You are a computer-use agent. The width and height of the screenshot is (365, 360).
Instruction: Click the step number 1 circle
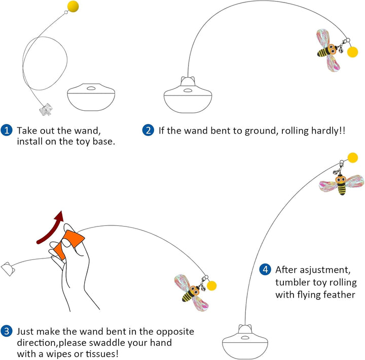[7, 130]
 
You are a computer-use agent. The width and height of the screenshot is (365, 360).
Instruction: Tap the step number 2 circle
[148, 130]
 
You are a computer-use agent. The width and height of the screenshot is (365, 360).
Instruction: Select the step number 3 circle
[7, 332]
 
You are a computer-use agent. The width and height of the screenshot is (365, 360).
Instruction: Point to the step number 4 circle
[265, 270]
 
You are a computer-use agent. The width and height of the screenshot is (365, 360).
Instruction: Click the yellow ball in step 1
[73, 7]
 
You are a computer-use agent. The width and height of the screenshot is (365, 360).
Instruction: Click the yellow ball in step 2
[353, 51]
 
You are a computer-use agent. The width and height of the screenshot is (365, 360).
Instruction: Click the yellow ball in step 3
[212, 285]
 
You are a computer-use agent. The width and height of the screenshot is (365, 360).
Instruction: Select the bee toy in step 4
[341, 184]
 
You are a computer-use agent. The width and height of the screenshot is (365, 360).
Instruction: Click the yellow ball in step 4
[353, 158]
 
